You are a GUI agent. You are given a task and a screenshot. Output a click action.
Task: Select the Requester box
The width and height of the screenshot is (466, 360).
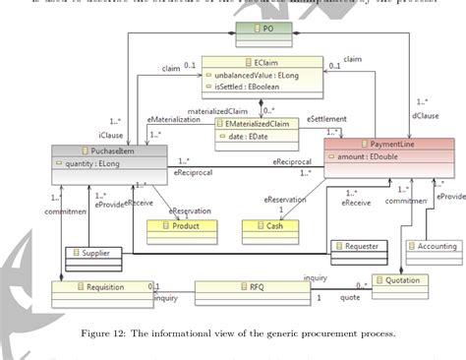pyautogui.click(x=362, y=246)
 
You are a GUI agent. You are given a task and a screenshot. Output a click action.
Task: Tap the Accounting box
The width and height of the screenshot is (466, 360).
pyautogui.click(x=436, y=246)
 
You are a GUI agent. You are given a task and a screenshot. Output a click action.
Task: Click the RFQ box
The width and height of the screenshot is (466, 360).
pyautogui.click(x=255, y=289)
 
